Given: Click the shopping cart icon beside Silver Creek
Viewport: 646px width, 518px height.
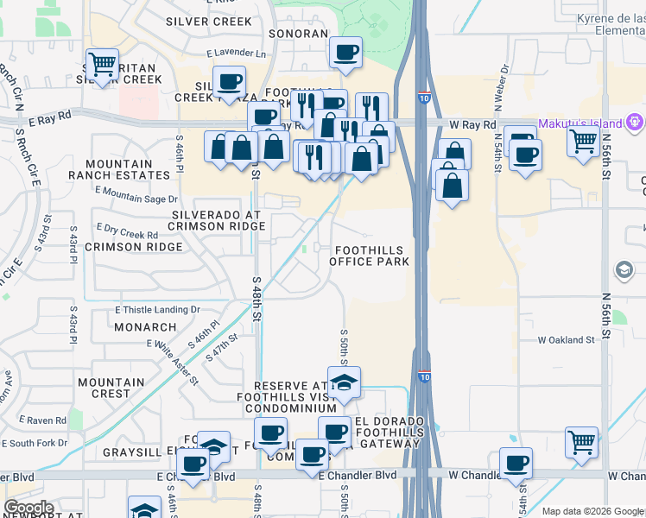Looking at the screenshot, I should coord(103,64).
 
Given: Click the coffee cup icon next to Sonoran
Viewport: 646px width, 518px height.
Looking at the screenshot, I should coord(345,53).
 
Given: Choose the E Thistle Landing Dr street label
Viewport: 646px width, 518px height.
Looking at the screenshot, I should coord(157,309).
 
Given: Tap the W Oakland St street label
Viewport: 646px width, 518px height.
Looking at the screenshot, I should coord(567,340).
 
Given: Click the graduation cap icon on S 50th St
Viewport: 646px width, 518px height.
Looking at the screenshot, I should coord(344,383).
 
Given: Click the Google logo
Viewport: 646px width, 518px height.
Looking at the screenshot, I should coord(28,508).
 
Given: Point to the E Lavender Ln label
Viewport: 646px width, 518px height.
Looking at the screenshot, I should coord(237,53).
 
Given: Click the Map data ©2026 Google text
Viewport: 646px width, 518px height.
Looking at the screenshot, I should coord(592,511).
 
